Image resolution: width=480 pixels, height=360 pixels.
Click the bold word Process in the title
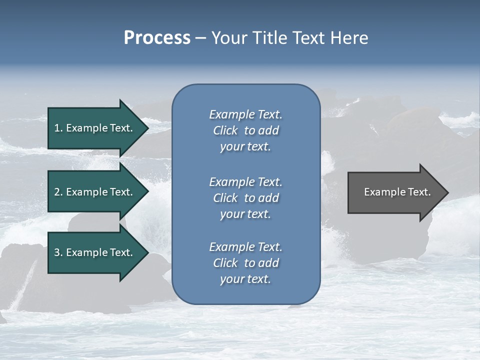[157, 38]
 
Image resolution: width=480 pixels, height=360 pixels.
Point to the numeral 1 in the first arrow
[57, 128]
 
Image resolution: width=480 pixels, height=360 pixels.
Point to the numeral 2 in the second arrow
[57, 192]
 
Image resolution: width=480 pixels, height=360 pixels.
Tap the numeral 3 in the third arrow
[57, 252]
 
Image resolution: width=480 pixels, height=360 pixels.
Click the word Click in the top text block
[225, 130]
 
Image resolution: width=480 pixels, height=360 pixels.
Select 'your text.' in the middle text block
[245, 214]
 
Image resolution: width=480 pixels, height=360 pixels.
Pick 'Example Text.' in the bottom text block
[245, 246]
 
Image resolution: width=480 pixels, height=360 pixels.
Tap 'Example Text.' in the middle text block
[245, 181]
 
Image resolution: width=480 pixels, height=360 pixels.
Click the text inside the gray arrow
[397, 192]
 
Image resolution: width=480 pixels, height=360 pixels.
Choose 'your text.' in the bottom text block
[245, 279]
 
